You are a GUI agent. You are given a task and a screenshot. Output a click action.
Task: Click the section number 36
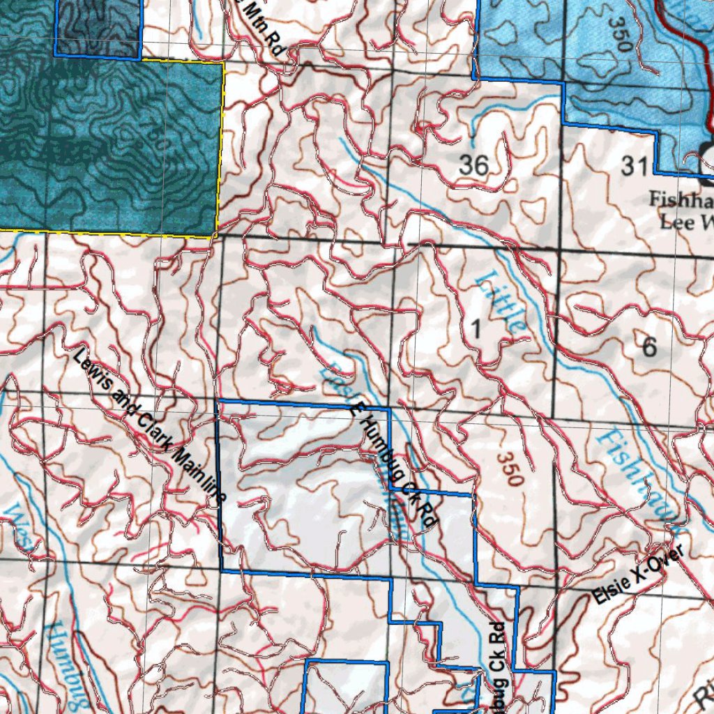pos(473,166)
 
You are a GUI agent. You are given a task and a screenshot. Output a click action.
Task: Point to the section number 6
pos(650,346)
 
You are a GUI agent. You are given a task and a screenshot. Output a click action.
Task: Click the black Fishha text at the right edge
pos(681,199)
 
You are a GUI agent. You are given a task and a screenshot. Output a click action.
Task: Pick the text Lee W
pos(686,222)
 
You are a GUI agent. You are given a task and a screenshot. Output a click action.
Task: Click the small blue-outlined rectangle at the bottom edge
pos(347,687)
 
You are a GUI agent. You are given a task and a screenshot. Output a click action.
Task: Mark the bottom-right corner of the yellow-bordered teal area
pos(213,237)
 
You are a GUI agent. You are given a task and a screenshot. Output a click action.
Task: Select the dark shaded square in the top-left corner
pos(98,28)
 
